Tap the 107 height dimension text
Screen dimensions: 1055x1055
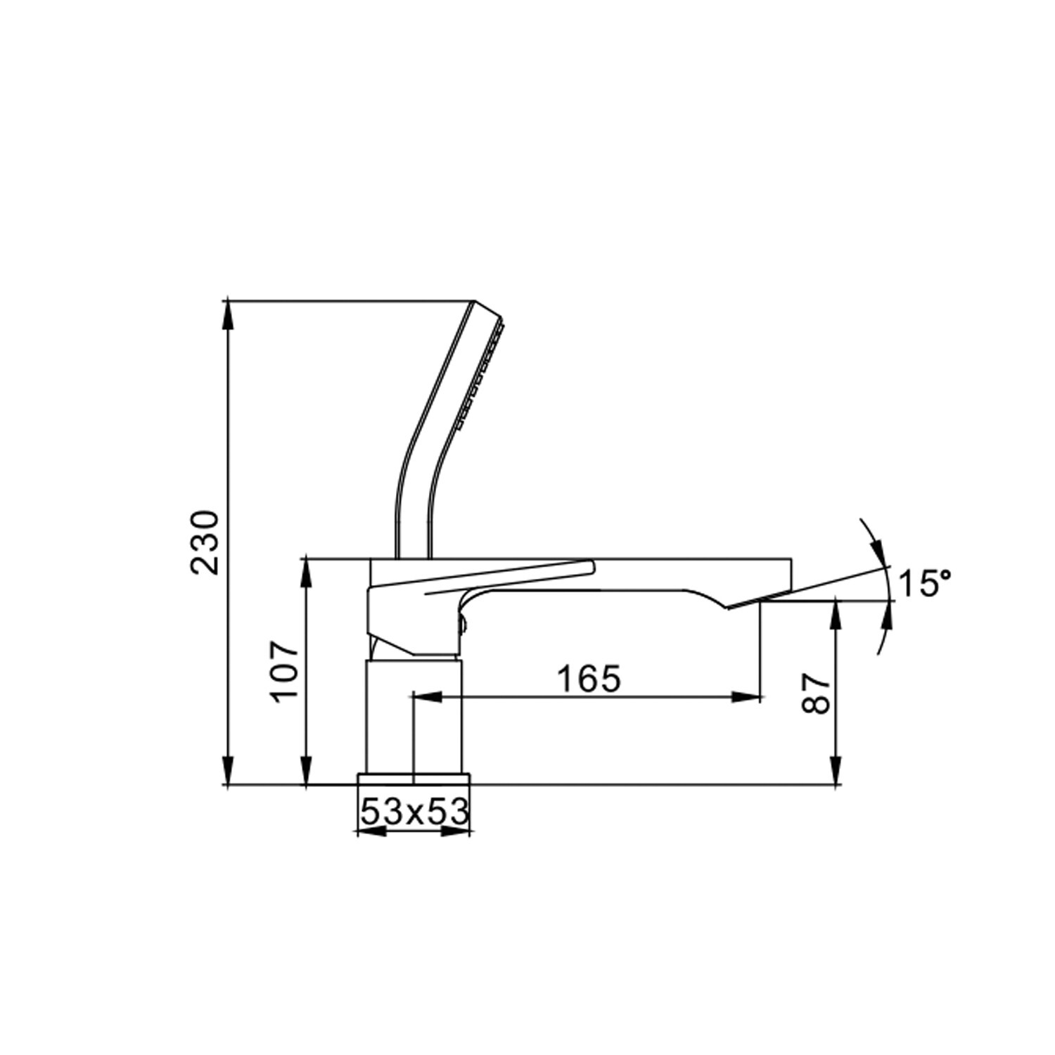click(286, 670)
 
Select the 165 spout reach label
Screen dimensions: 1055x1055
click(589, 679)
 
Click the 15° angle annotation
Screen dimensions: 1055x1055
click(925, 583)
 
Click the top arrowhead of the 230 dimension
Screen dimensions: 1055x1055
click(228, 315)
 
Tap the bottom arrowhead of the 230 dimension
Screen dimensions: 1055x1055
click(228, 771)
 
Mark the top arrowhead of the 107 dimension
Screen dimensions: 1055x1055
click(306, 573)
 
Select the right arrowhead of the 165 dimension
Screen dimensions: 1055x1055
click(747, 697)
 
